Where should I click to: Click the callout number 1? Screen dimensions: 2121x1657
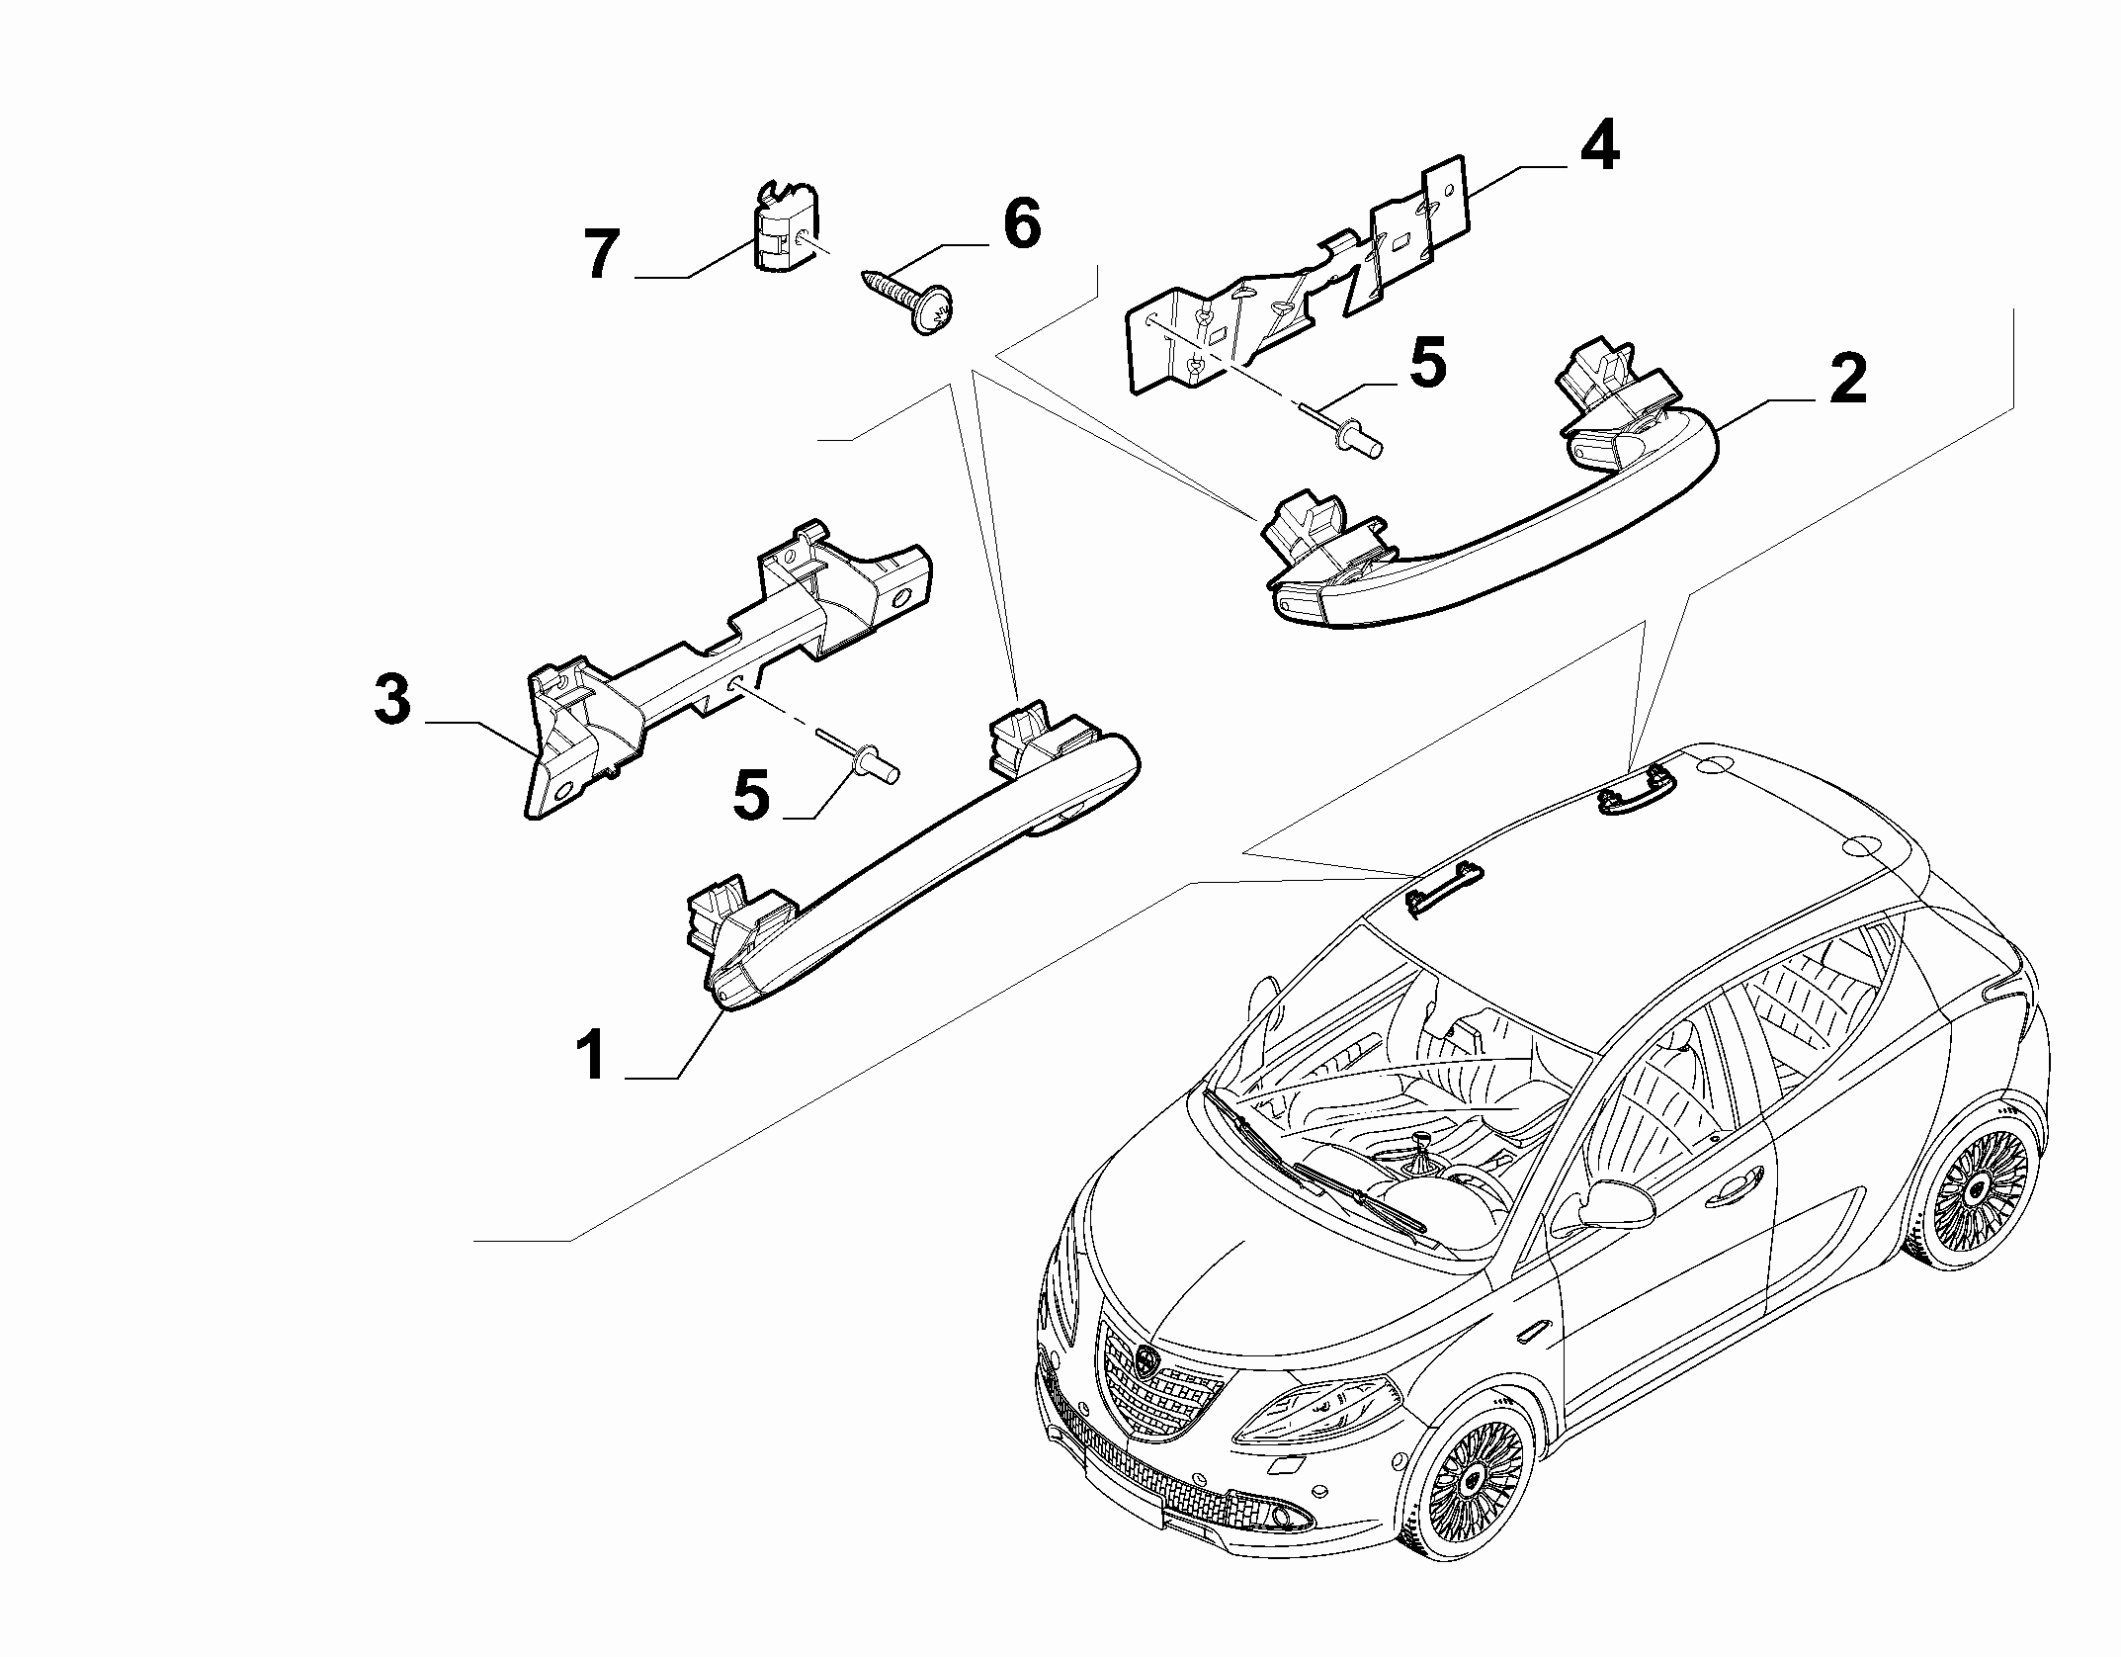coord(593,1055)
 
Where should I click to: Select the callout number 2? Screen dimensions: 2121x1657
coord(1847,381)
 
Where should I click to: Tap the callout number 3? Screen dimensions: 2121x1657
coord(392,700)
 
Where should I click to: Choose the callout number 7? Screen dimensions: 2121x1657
coord(601,254)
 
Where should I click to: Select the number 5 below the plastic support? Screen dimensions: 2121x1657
coord(751,796)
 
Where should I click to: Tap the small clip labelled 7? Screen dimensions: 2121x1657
coord(786,225)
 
